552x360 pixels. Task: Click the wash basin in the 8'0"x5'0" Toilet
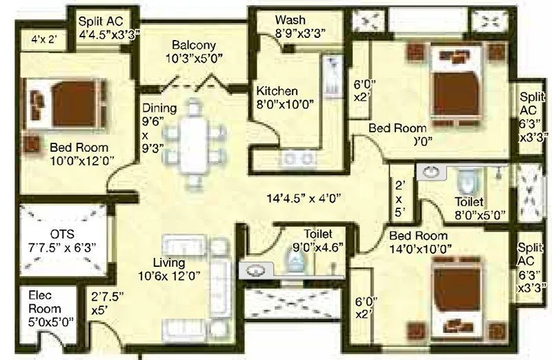click(x=433, y=171)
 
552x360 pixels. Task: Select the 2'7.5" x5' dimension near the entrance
click(x=109, y=303)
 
